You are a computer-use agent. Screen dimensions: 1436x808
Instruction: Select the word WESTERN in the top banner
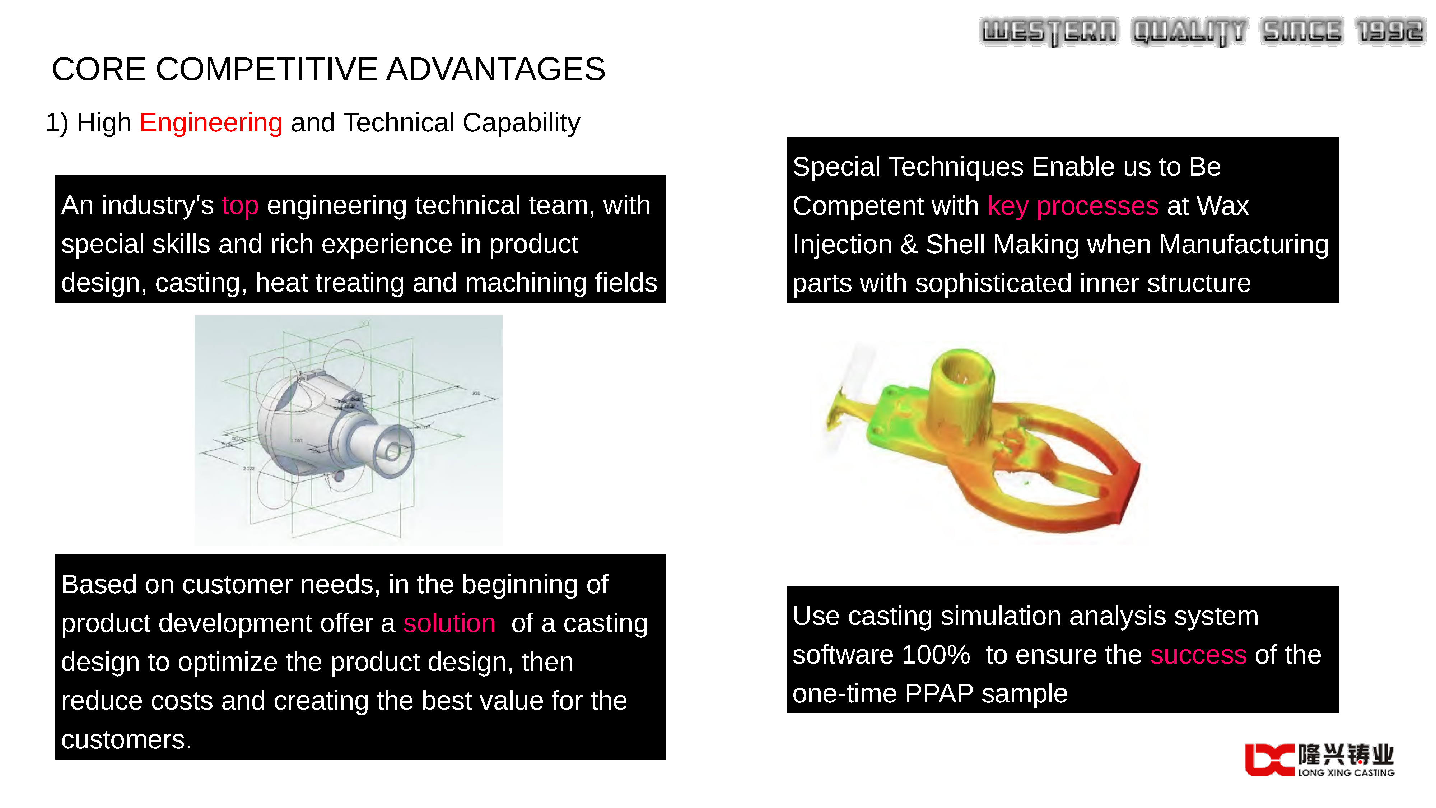pyautogui.click(x=1049, y=32)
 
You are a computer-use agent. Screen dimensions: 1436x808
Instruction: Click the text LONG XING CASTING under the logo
pyautogui.click(x=1346, y=773)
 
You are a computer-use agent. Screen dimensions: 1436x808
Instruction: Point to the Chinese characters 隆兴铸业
pyautogui.click(x=1346, y=754)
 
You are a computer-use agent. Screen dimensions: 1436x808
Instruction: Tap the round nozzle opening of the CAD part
pyautogui.click(x=393, y=451)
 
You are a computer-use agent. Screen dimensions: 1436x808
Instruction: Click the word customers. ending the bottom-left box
pyautogui.click(x=126, y=739)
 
